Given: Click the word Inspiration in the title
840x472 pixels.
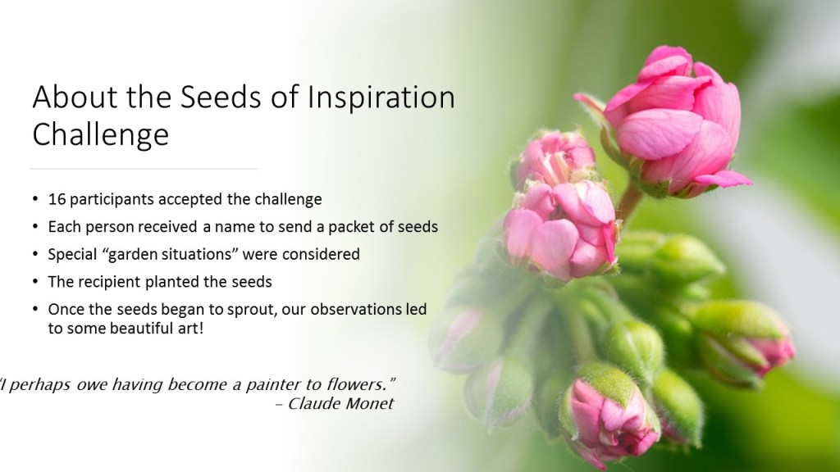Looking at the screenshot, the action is pos(381,98).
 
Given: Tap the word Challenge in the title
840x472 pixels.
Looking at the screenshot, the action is pos(101,134).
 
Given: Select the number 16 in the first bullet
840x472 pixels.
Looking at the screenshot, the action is pos(57,199).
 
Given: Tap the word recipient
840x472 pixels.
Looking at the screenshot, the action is pos(109,282).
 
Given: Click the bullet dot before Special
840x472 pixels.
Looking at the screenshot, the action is pos(35,254).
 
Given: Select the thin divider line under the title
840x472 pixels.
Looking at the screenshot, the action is pos(144,169).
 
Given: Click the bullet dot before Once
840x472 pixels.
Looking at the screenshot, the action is pos(35,309).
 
